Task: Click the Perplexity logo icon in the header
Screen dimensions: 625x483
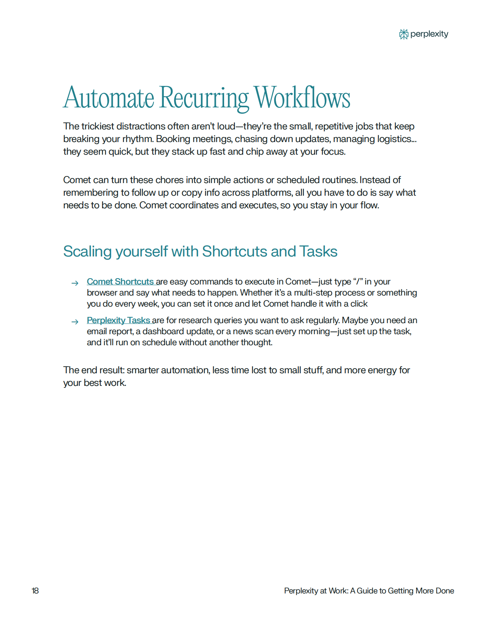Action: (403, 34)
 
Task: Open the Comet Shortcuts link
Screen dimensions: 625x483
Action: (120, 282)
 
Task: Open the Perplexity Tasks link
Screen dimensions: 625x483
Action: (118, 320)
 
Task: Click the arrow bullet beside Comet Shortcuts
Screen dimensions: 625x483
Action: (75, 283)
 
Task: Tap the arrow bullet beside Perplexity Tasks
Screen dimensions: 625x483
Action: (75, 322)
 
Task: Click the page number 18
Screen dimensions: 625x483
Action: (35, 591)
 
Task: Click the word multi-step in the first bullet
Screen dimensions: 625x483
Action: (313, 293)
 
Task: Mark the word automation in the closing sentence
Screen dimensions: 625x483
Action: (185, 370)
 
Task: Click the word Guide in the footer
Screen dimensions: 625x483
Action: (367, 591)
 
